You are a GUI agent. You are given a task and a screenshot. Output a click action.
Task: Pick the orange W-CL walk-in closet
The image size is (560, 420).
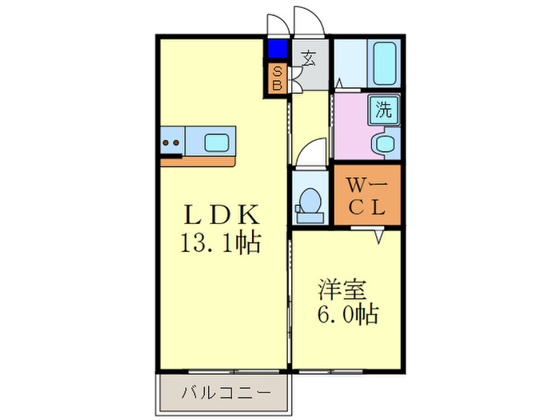[x=366, y=196]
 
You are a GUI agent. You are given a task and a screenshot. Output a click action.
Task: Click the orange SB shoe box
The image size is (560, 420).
[x=277, y=78]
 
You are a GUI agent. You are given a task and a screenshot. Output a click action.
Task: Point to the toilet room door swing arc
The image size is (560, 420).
[x=310, y=152]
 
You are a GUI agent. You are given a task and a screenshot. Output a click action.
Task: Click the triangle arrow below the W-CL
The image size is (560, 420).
[x=379, y=237]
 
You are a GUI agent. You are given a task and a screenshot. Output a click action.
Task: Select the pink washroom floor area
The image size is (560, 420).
[x=352, y=128]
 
